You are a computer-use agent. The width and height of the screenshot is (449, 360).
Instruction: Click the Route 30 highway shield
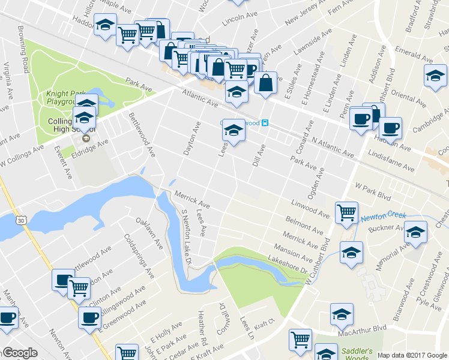tap(22, 221)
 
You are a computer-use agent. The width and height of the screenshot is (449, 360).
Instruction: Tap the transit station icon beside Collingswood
tap(265, 123)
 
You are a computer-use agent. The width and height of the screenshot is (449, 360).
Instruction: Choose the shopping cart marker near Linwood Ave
tap(347, 211)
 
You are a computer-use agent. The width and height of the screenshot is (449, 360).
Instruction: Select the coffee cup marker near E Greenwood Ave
tap(89, 316)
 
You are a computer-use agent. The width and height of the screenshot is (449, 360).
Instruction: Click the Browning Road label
tap(23, 57)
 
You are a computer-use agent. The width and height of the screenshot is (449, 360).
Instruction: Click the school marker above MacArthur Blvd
tap(342, 313)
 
